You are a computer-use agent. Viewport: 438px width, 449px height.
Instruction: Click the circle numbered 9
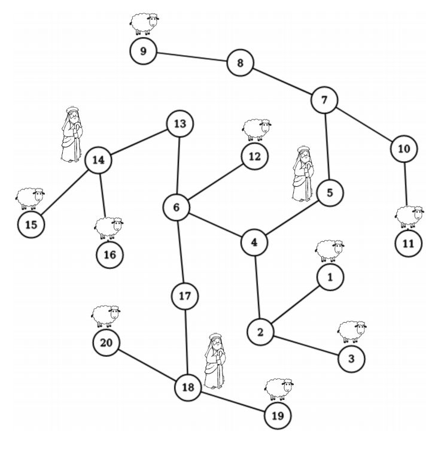144,51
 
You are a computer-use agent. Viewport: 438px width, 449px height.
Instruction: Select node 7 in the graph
324,100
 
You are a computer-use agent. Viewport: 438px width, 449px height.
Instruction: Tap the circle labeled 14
99,160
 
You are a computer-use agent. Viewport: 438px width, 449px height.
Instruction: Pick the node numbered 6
177,207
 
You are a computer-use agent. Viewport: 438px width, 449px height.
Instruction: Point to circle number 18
188,387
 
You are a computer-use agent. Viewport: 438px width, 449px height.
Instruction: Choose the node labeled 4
254,242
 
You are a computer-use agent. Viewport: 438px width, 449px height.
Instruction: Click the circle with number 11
408,244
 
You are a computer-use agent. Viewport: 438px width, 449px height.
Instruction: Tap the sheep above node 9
144,24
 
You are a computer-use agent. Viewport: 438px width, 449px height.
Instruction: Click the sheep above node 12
257,130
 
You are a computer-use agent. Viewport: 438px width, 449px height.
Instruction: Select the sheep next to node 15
30,198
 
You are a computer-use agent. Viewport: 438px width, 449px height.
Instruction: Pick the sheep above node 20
106,316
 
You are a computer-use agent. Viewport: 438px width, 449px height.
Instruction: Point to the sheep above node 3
352,332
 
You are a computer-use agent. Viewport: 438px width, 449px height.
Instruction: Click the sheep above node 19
279,389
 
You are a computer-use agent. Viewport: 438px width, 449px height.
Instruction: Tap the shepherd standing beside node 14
72,134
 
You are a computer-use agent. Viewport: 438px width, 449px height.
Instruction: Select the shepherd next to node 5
303,174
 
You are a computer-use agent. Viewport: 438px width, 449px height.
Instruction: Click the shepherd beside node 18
215,361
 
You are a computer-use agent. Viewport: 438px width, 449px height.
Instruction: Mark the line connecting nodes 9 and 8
192,57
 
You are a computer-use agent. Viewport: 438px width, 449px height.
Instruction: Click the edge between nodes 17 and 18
186,342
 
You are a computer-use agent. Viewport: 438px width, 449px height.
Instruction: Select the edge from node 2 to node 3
306,345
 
